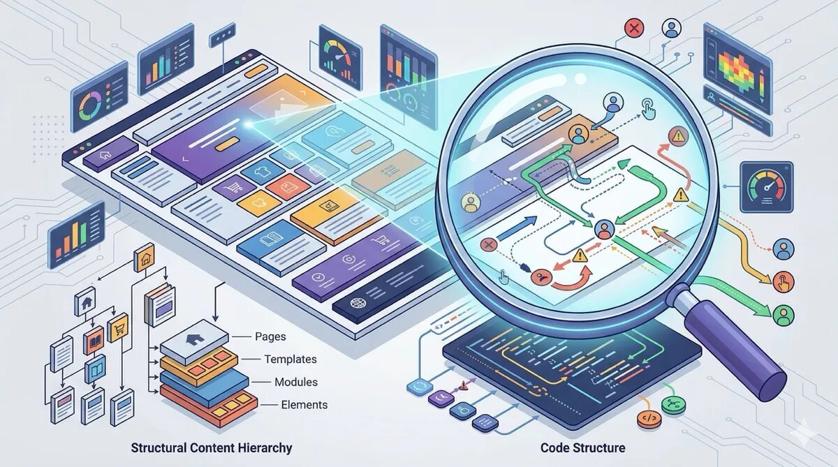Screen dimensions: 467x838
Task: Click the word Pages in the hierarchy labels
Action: [x=271, y=336]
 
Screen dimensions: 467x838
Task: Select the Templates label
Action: [x=290, y=359]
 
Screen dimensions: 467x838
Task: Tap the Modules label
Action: [x=295, y=382]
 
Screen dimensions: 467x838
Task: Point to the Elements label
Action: [x=304, y=404]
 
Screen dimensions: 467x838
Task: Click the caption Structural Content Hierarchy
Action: [x=211, y=447]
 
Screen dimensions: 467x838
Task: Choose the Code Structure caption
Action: [x=582, y=447]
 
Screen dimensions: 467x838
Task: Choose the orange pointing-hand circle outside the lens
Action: [x=784, y=281]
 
